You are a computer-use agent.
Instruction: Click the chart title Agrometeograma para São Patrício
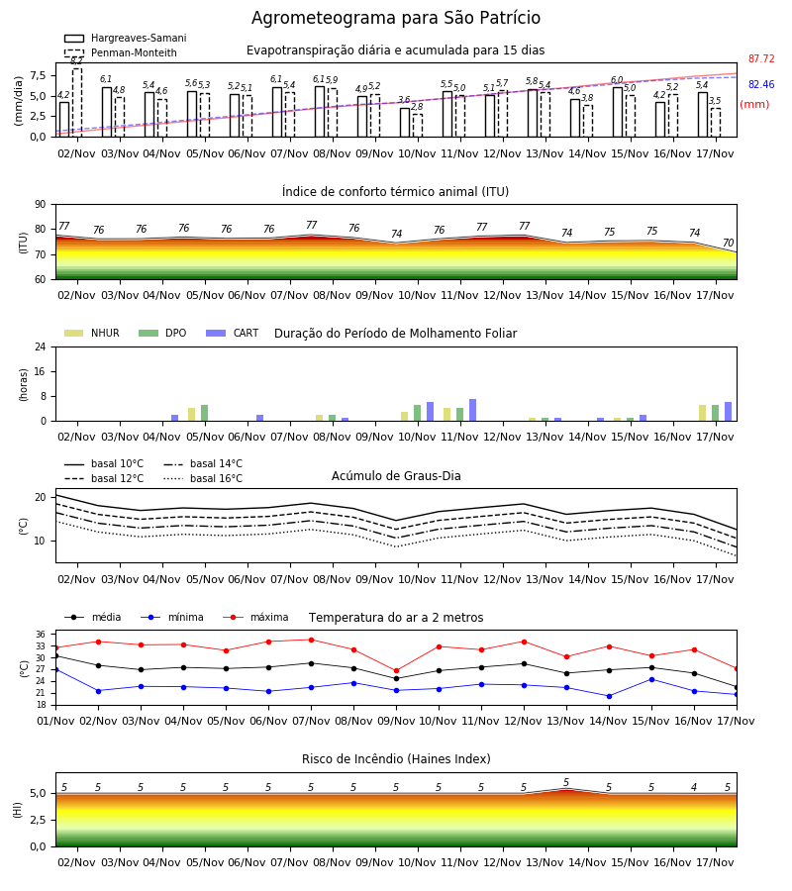pos(395,18)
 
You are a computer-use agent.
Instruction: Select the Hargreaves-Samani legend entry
pos(125,38)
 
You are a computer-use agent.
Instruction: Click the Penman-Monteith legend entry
pos(121,52)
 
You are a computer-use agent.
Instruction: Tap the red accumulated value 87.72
pos(761,58)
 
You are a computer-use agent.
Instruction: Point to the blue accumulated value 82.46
pos(761,84)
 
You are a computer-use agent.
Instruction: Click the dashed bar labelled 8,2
pos(76,103)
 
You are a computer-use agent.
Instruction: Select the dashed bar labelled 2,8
pos(418,126)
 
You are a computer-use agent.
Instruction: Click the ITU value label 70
pos(728,243)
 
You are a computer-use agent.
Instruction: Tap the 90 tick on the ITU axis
pos(41,205)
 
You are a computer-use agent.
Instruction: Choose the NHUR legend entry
pos(92,333)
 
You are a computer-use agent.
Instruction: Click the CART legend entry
pos(233,333)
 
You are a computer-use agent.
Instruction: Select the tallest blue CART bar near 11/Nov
pos(472,410)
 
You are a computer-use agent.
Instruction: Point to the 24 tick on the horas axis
pos(41,346)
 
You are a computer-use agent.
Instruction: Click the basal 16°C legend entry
pos(203,478)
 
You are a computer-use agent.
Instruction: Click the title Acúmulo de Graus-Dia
pos(396,475)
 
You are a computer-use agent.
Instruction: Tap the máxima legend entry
pos(255,617)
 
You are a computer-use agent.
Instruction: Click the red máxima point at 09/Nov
pos(397,670)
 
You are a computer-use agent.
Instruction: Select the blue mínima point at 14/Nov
pos(609,696)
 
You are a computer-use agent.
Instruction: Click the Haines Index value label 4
pos(694,787)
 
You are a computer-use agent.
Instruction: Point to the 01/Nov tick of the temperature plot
pos(55,721)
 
